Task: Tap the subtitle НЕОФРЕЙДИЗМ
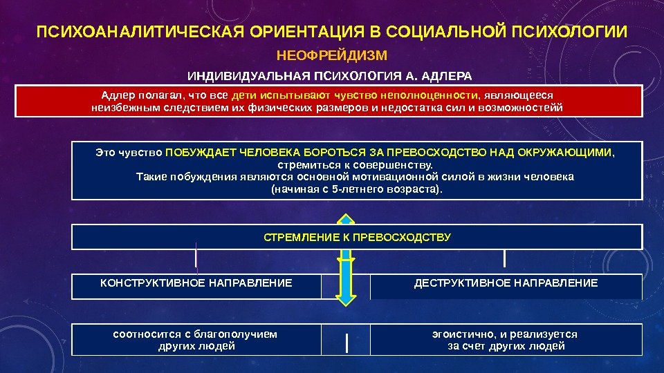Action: tap(332, 55)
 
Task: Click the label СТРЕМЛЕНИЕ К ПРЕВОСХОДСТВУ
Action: tap(357, 237)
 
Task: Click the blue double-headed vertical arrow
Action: tap(346, 259)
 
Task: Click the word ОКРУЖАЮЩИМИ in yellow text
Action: tap(575, 152)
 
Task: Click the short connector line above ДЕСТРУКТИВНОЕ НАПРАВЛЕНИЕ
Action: tap(505, 258)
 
